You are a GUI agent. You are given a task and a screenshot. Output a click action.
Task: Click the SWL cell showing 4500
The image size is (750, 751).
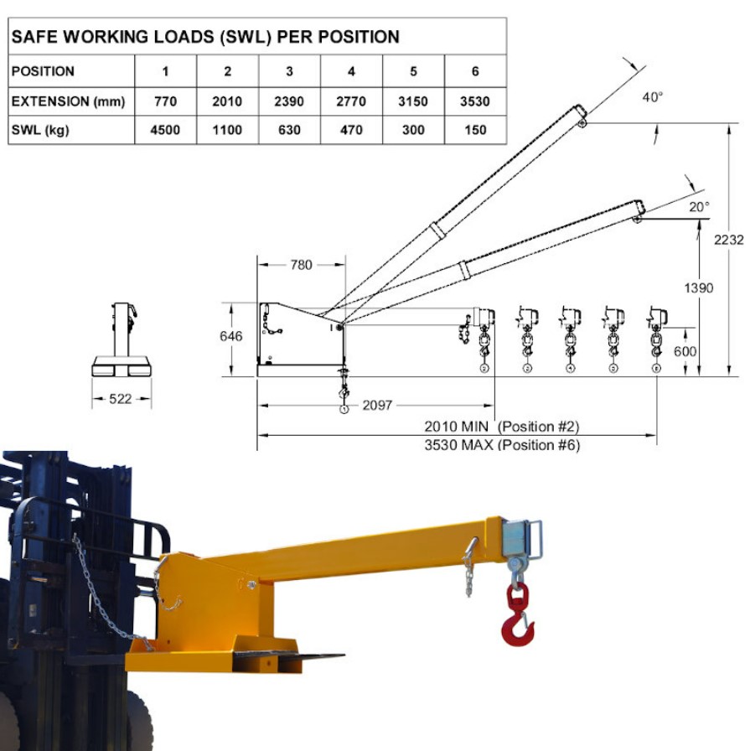click(165, 130)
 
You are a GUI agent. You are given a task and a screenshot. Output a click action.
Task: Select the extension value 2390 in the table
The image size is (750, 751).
click(289, 101)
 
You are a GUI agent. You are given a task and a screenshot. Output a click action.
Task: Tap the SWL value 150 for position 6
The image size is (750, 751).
click(475, 130)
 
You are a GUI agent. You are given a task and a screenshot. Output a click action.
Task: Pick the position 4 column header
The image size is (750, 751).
click(351, 71)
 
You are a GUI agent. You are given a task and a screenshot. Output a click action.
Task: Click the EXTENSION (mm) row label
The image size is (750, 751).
click(68, 101)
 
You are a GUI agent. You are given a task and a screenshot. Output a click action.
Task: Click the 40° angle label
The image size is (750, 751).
click(652, 97)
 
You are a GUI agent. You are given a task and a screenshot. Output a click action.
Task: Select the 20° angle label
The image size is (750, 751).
click(699, 207)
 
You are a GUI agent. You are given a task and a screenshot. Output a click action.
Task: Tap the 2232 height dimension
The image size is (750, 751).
click(729, 240)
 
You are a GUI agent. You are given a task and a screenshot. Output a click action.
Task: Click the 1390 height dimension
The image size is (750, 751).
click(699, 287)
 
